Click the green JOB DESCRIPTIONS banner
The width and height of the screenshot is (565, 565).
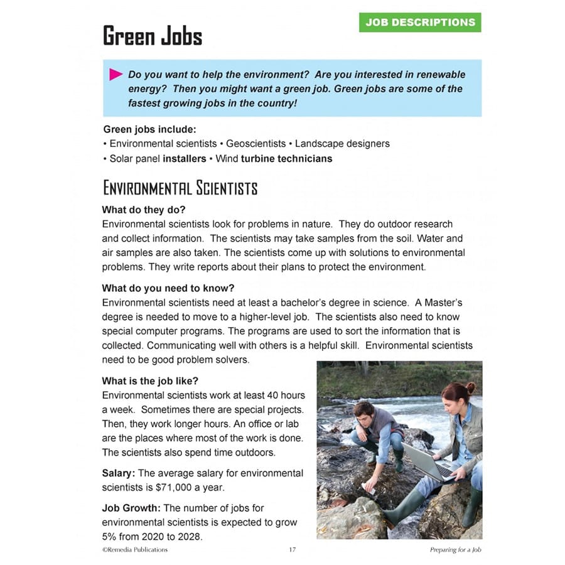[x=420, y=22]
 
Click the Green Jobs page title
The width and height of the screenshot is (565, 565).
[x=153, y=36]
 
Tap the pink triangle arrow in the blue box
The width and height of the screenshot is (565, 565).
[x=116, y=75]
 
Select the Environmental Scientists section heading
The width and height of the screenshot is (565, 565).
[x=180, y=188]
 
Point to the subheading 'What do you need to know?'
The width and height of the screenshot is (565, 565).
[x=168, y=289]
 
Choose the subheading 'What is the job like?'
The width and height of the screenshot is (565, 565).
[x=154, y=381]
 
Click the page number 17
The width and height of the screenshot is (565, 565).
[x=292, y=550]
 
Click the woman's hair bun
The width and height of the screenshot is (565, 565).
[x=471, y=387]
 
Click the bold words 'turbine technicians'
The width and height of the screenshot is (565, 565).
[x=286, y=159]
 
